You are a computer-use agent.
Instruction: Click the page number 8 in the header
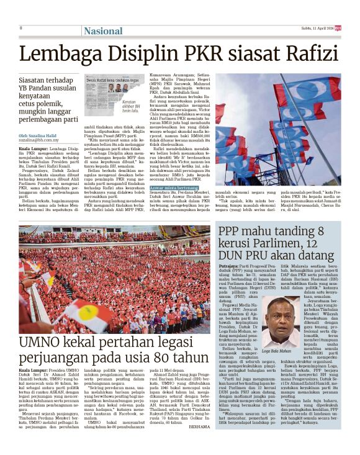21,28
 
